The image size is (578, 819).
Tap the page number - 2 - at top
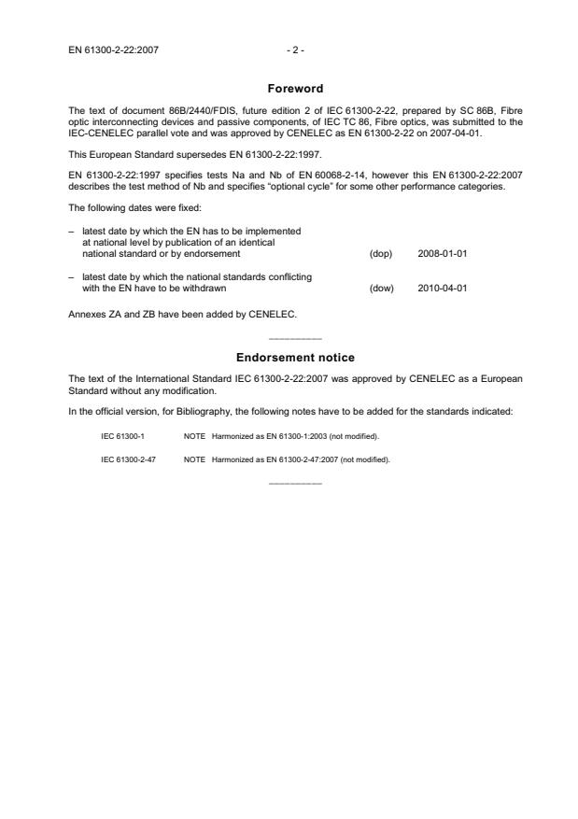[x=295, y=49]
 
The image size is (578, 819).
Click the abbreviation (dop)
[x=381, y=253]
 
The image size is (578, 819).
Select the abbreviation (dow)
[x=381, y=288]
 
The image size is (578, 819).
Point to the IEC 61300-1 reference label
[x=122, y=436]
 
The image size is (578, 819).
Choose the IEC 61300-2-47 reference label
[x=127, y=459]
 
